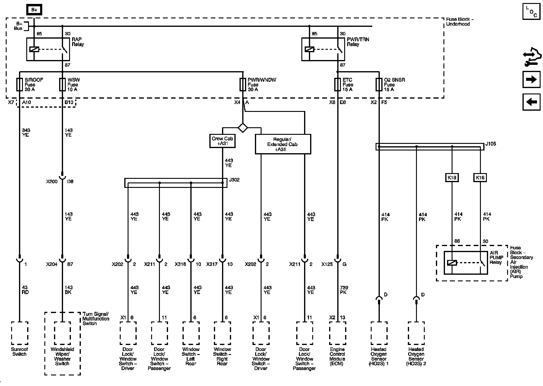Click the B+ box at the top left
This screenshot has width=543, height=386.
pyautogui.click(x=34, y=10)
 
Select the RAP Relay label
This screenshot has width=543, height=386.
pyautogui.click(x=78, y=42)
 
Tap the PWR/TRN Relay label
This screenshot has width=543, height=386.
pyautogui.click(x=357, y=42)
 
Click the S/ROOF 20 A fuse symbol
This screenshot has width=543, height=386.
pyautogui.click(x=19, y=85)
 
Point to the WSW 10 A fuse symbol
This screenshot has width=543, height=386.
pyautogui.click(x=62, y=85)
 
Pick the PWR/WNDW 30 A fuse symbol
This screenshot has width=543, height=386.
pyautogui.click(x=243, y=85)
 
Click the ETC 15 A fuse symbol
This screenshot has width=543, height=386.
pyautogui.click(x=338, y=85)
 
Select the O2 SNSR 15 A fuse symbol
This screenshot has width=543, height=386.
pyautogui.click(x=379, y=85)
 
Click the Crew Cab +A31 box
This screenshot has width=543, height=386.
pyautogui.click(x=222, y=141)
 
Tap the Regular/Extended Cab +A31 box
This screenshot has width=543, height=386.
pyautogui.click(x=283, y=144)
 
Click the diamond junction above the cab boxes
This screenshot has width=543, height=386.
pyautogui.click(x=243, y=128)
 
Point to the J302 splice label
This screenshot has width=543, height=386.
pyautogui.click(x=234, y=180)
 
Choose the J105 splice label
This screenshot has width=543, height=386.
pyautogui.click(x=491, y=144)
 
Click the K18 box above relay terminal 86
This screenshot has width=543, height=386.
pyautogui.click(x=452, y=178)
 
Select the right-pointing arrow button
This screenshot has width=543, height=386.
pyautogui.click(x=531, y=79)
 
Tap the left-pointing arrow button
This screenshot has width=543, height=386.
pyautogui.click(x=531, y=102)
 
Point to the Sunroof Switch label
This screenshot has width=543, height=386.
pyautogui.click(x=20, y=352)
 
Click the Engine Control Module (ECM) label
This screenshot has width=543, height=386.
pyautogui.click(x=337, y=356)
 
